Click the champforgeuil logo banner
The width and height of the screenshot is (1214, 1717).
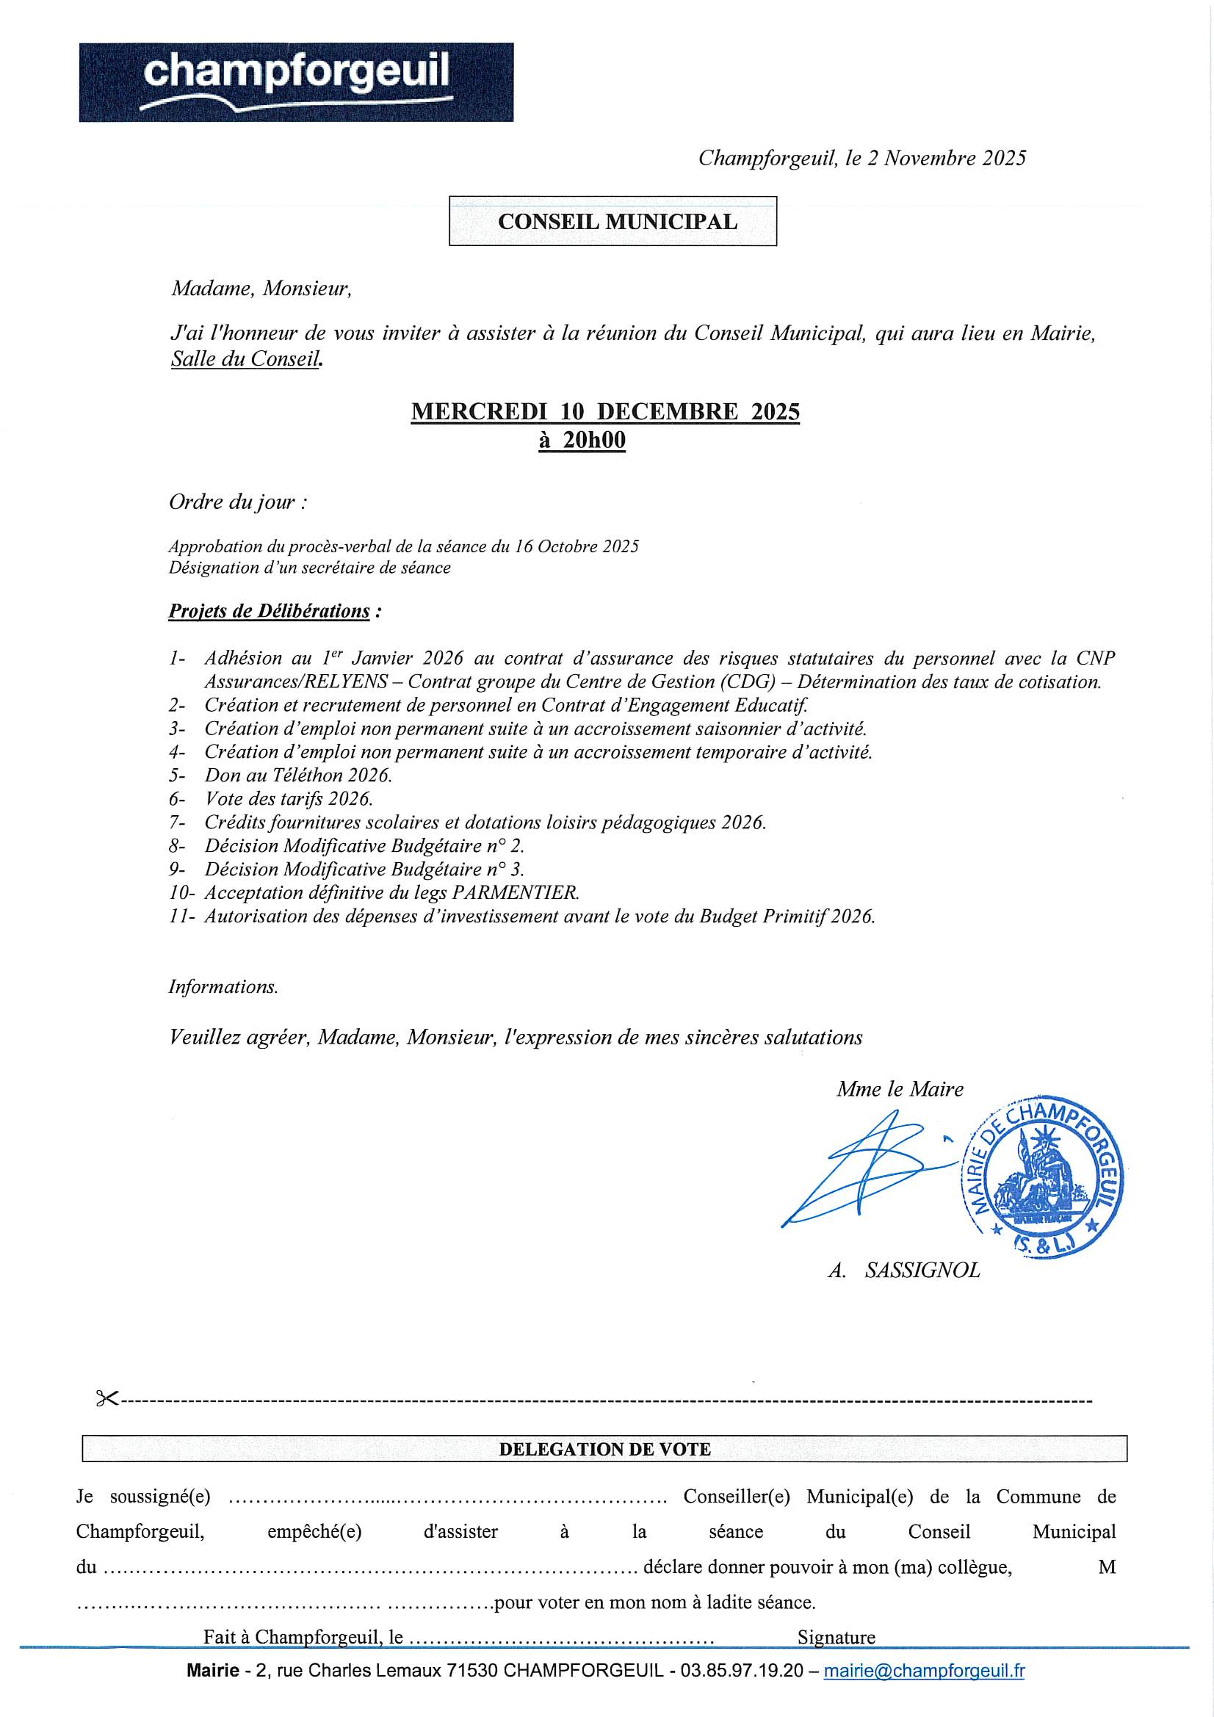click(296, 82)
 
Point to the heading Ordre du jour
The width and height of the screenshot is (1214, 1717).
click(237, 502)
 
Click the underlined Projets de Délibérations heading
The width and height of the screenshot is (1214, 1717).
click(270, 611)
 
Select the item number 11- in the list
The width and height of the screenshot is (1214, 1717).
click(181, 916)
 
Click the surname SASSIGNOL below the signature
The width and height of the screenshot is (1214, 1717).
click(922, 1270)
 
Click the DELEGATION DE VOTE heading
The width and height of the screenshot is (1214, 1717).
click(604, 1449)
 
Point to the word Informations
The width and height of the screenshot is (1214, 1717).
click(223, 987)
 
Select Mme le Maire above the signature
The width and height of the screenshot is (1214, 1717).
click(900, 1089)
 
